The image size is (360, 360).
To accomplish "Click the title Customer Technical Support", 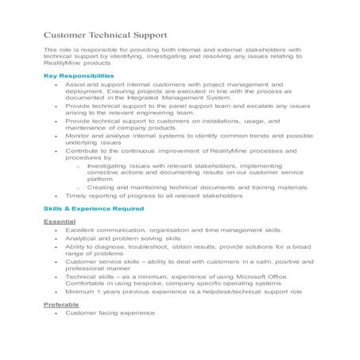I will click(105, 36).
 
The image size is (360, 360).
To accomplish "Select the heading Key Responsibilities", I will click(83, 75).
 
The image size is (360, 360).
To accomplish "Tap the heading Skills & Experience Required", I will click(94, 208).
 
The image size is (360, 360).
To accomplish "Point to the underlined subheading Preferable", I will click(62, 304).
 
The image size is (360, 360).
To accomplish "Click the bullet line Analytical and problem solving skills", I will click(123, 238).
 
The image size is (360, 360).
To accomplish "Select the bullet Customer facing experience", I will click(110, 312).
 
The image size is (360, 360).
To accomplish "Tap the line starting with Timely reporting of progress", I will click(152, 195).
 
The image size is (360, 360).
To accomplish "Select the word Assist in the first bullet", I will click(77, 83).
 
